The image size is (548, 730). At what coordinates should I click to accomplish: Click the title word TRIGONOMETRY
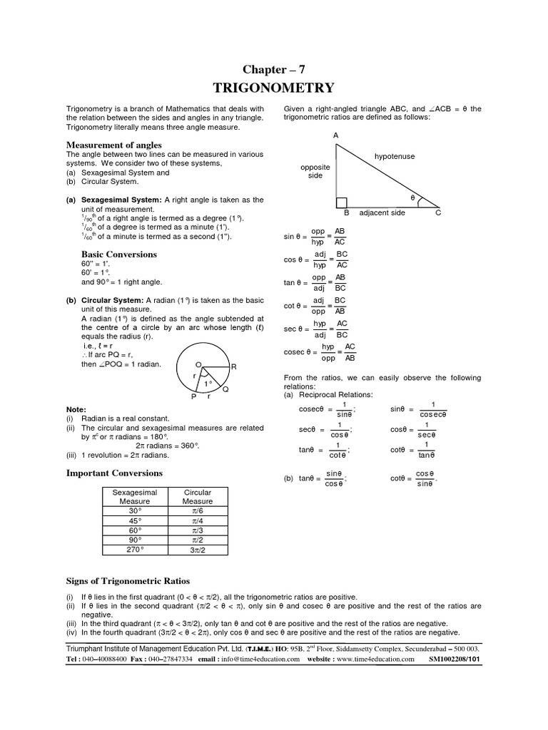click(x=274, y=88)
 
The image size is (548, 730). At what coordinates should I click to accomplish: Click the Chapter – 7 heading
click(x=274, y=68)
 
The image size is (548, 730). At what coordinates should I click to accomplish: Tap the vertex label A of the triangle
click(x=335, y=135)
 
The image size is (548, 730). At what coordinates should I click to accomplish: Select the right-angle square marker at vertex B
click(x=341, y=202)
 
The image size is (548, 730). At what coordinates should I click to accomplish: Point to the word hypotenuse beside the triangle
click(x=394, y=156)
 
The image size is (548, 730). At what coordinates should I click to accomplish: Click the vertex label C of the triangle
click(x=438, y=213)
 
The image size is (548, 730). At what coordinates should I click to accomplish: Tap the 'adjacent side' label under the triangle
click(x=382, y=213)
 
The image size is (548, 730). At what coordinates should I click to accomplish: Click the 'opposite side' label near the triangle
click(x=315, y=171)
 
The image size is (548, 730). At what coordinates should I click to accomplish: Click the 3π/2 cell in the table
click(x=198, y=550)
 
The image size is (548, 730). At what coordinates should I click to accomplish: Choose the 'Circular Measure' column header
click(x=198, y=497)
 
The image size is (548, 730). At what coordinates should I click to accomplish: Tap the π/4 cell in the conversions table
click(x=198, y=521)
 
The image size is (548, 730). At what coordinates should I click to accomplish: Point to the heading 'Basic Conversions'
click(x=118, y=255)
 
